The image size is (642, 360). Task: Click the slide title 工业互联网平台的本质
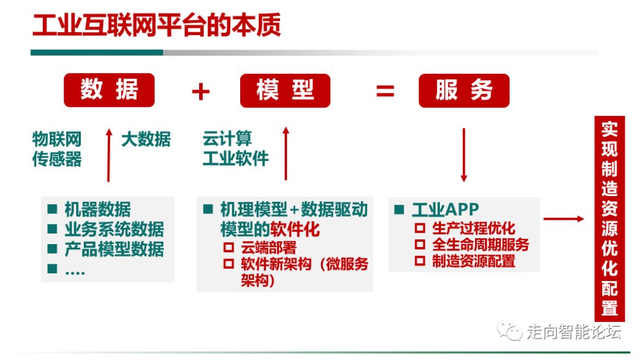156,27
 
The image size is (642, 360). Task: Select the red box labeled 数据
109,90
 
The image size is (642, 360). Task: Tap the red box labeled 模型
285,90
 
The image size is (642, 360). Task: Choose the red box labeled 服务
464,90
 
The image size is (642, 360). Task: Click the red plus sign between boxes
201,91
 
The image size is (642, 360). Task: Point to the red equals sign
385,91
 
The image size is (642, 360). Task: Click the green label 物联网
56,140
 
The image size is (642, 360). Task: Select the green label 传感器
56,159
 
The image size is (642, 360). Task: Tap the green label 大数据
146,140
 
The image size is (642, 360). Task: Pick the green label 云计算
227,140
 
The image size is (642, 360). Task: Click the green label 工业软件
235,159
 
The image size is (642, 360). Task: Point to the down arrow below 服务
464,154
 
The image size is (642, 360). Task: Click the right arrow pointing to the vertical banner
564,219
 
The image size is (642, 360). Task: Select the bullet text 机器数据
97,209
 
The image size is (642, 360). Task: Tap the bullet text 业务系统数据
114,229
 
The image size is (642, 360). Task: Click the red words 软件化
295,229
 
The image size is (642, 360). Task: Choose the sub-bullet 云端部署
268,247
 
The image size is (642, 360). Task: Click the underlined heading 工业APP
445,209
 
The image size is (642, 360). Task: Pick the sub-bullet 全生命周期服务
480,244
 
